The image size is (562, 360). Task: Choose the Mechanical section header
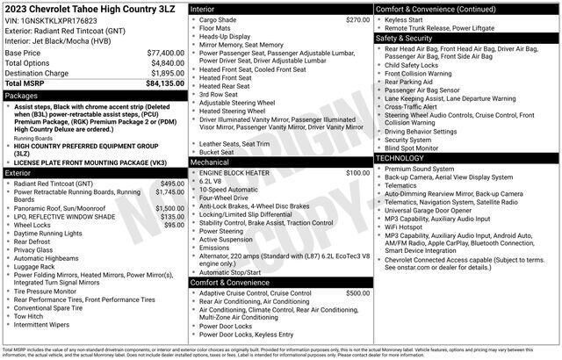click(209, 162)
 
